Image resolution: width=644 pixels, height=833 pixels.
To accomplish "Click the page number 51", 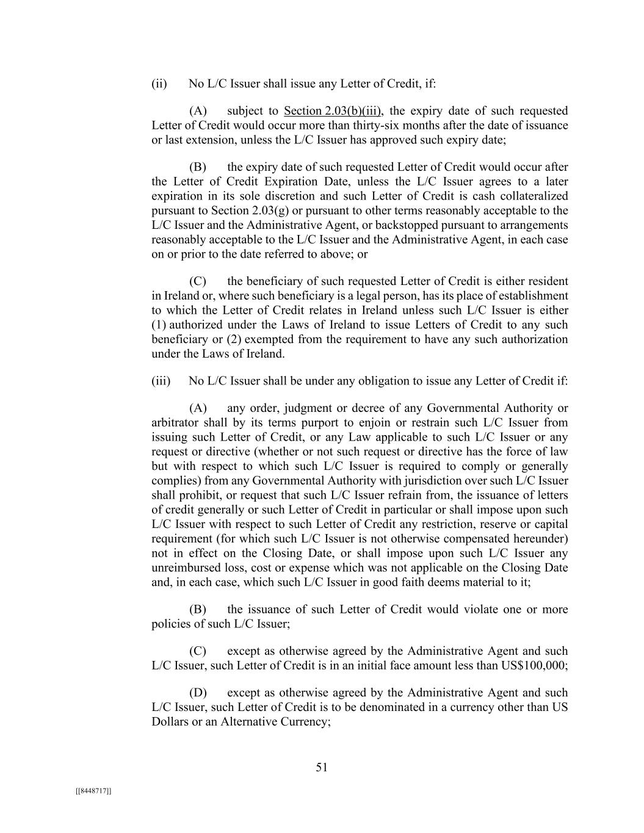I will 322,768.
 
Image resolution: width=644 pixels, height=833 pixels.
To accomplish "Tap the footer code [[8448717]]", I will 93,791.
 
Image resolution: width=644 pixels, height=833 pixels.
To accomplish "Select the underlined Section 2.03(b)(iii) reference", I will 333,111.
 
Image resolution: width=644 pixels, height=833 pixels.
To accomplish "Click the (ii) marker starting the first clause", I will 159,84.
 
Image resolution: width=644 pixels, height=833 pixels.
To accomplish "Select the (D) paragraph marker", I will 198,693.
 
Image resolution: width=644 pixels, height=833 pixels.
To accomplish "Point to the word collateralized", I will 532,196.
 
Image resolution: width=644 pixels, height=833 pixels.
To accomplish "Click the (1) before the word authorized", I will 158,325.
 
